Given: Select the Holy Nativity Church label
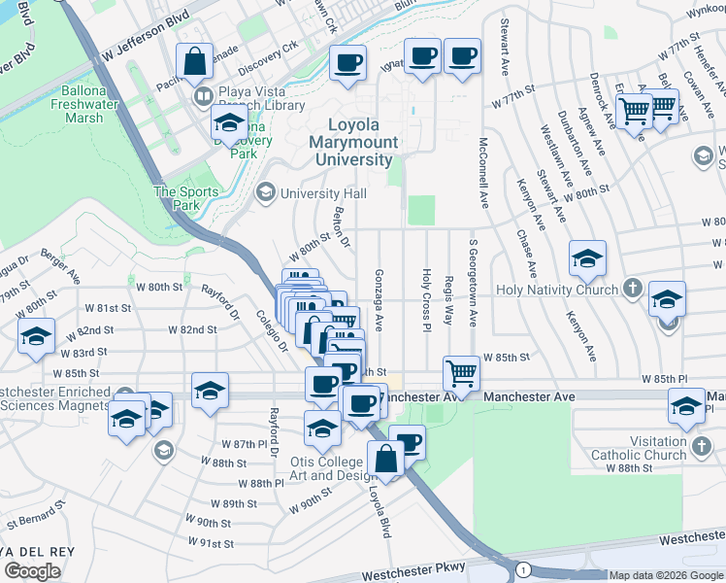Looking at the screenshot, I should click(556, 290).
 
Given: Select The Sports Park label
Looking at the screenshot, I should click(180, 198).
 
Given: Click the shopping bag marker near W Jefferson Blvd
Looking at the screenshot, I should click(195, 62).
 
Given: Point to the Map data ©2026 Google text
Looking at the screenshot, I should click(666, 575).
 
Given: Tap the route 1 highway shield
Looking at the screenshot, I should click(524, 567).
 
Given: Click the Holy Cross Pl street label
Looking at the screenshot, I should click(425, 298).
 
